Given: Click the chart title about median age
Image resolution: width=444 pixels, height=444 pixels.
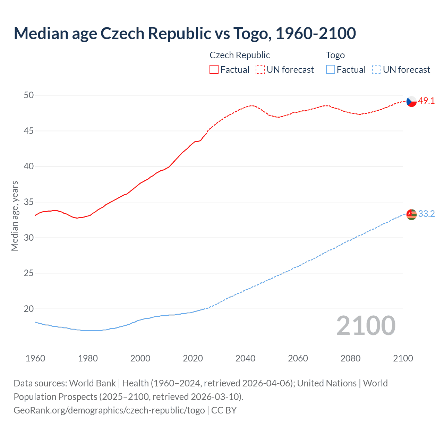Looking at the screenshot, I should coord(185,34).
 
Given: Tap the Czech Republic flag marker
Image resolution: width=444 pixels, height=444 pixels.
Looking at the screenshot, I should coord(411,101).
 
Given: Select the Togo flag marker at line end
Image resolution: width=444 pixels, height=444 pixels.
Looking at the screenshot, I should coord(411,214).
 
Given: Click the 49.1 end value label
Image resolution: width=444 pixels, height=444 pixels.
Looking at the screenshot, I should coord(426,101).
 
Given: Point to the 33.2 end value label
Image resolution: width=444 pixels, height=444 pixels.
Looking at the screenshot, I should coord(426,214).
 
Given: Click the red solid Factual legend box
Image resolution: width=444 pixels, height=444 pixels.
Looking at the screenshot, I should coord(214,70).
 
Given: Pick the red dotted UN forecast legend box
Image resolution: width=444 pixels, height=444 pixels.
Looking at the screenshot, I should coord(260,70).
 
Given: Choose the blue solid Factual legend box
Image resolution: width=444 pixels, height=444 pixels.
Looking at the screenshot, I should coord(331,70).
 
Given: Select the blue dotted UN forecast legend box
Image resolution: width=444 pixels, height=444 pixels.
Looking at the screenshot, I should coord(377,70).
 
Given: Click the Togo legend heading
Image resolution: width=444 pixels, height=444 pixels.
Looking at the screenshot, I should coord(335,55).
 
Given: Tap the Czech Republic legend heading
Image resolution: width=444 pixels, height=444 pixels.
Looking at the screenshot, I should coord(240,55).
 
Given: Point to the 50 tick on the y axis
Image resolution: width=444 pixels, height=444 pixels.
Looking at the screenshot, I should coord(29,95).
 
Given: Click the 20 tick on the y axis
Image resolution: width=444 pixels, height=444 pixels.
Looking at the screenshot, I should coord(29,309).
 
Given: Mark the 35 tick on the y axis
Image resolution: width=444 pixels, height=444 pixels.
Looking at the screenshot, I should coord(29,202).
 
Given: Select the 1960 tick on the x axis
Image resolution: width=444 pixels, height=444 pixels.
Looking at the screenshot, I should coord(35,358).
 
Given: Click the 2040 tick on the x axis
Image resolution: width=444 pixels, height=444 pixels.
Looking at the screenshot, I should coord(245,358).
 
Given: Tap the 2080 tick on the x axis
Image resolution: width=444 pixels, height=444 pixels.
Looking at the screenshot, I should coord(350,358).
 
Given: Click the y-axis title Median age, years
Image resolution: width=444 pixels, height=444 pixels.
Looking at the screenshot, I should coord(15,216).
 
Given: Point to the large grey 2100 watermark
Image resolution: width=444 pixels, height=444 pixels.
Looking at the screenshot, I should coord(366,326).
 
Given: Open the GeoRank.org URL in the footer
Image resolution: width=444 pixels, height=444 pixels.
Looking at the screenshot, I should coord(109,410).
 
